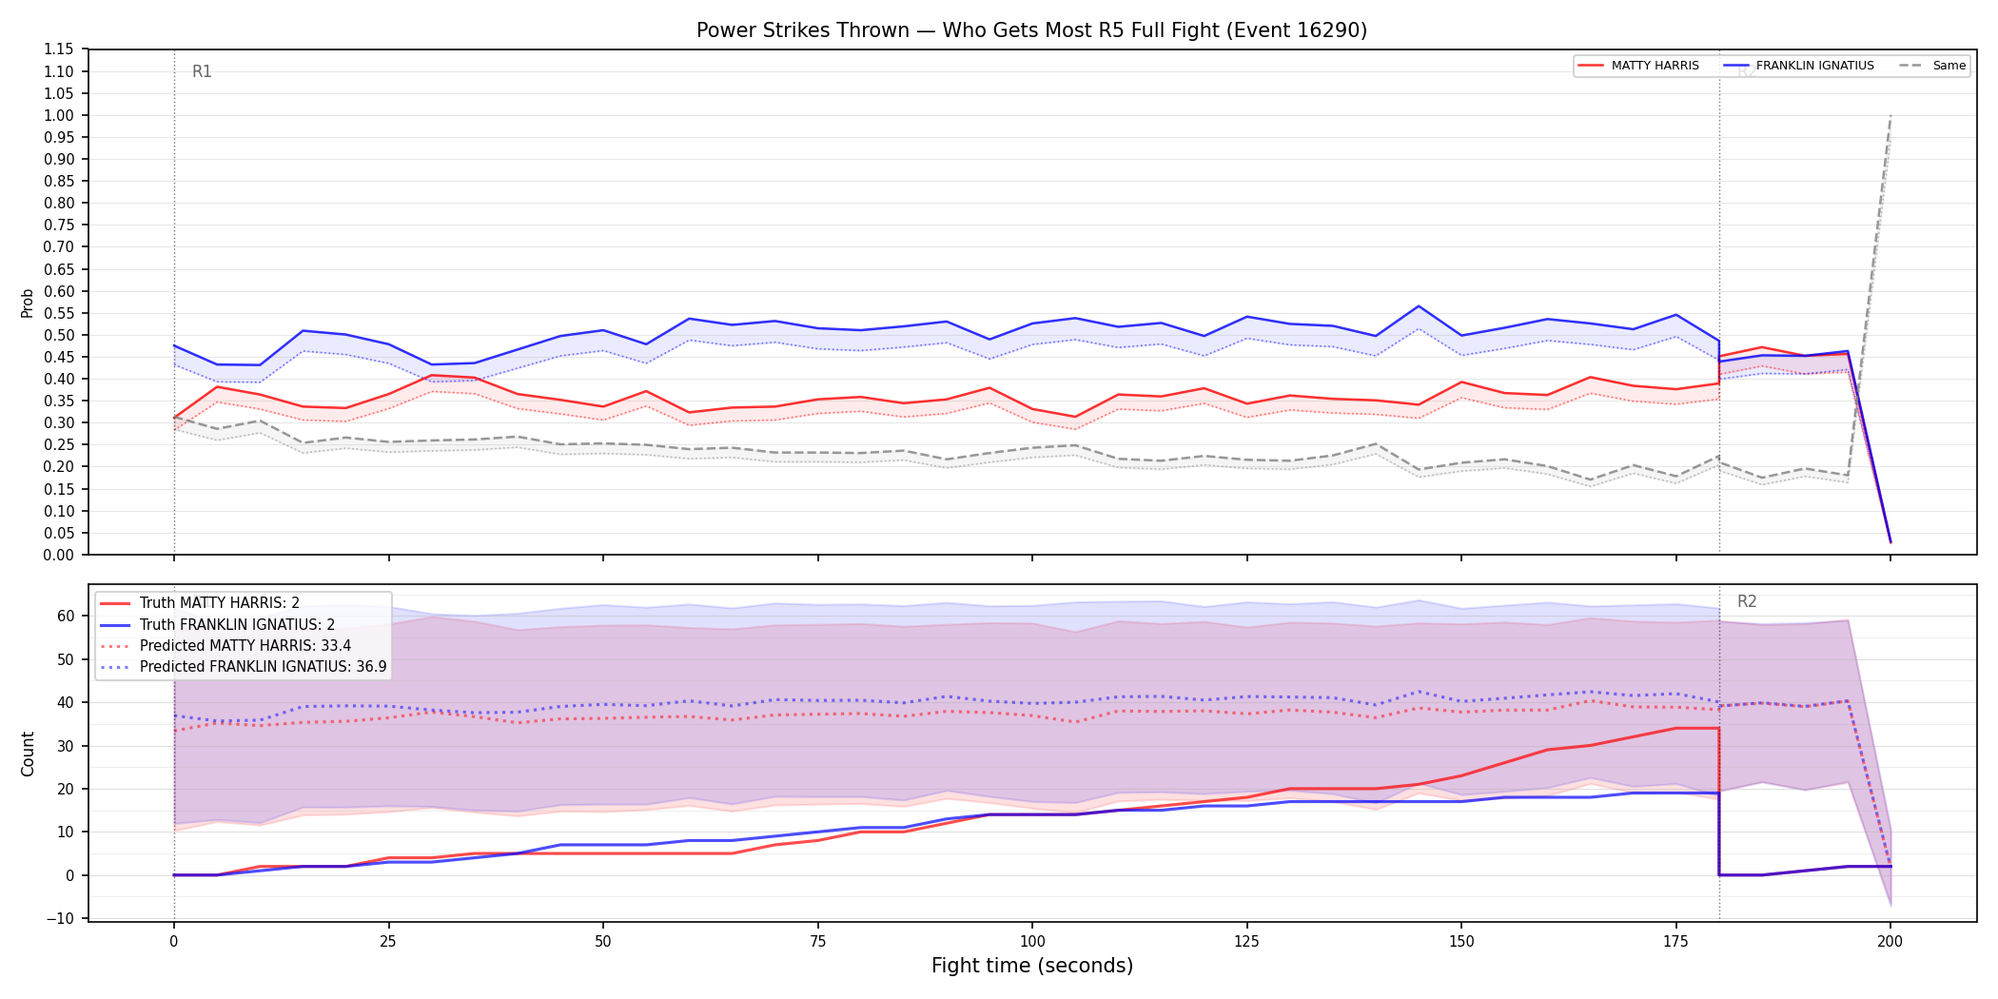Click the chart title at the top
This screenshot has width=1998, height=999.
coord(1031,30)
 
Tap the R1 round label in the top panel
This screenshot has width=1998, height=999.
coord(202,71)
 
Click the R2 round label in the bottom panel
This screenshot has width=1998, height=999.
coord(1747,601)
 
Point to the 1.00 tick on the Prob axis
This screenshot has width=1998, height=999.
coord(59,115)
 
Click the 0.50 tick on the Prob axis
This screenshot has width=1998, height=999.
coord(59,335)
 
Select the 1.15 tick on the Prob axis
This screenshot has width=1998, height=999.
coord(59,49)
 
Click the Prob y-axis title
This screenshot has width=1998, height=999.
coord(28,303)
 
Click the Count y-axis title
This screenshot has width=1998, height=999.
coord(28,754)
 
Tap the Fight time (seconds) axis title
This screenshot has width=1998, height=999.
coord(1032,966)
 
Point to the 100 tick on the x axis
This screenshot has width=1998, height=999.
coord(1032,942)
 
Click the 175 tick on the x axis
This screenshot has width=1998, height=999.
coord(1675,942)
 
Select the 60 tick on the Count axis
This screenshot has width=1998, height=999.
coord(66,616)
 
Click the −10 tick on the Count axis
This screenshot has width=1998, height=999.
coord(61,918)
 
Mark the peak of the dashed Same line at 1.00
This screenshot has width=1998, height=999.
coord(1890,115)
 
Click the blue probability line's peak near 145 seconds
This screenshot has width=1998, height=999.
coord(1419,306)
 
